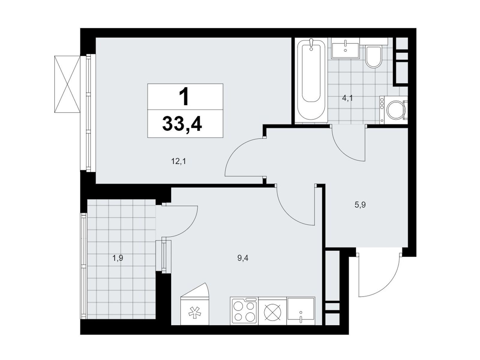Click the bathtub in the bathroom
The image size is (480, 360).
(311, 80)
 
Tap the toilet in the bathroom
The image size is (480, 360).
(373, 56)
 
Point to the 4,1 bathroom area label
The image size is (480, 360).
(347, 98)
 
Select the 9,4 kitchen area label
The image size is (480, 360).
(243, 259)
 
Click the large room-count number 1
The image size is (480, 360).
(184, 96)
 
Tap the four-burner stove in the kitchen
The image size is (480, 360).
(244, 311)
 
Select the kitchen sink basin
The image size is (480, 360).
(301, 311)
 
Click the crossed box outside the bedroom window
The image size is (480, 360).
(67, 84)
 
